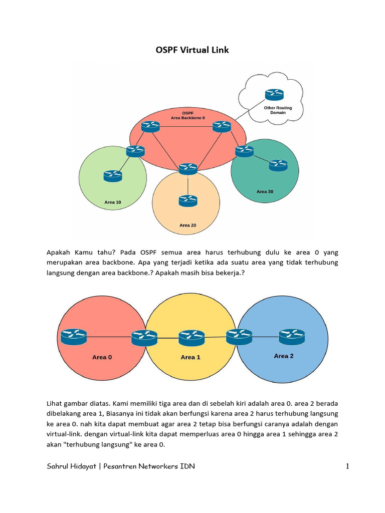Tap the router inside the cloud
pos(274,94)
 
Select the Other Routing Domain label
pos(278,110)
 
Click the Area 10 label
pos(112,202)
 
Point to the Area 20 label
pos(187,225)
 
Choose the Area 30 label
pos(265,192)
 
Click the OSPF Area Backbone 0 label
pos(188,115)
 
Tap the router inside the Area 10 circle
pos(113,175)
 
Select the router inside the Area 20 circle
pos(187,201)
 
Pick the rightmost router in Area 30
pos(278,165)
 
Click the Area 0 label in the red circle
pos(102,357)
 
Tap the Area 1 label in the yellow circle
pos(190,357)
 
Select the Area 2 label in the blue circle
pos(284,356)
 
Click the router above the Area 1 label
pos(191,337)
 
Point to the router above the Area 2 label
pos(292,336)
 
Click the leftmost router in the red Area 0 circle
pos(74,336)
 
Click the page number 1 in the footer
pos(347,466)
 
